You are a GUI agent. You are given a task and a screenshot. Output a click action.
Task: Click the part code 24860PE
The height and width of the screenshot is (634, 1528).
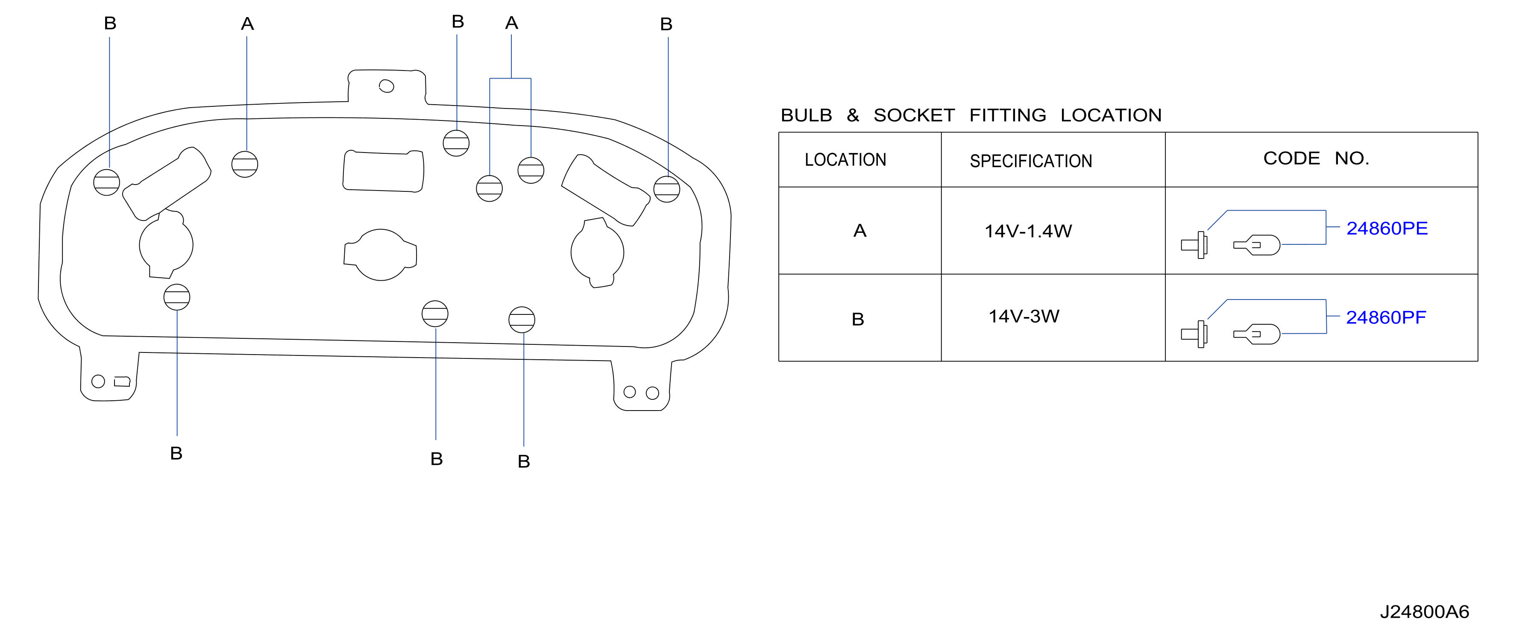(1387, 228)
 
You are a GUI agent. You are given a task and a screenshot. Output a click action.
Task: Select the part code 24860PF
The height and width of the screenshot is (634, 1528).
(1386, 317)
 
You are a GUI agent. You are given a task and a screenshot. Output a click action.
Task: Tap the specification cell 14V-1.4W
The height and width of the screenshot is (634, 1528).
(1028, 231)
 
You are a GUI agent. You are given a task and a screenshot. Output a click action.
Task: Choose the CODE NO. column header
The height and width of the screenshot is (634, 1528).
(1316, 158)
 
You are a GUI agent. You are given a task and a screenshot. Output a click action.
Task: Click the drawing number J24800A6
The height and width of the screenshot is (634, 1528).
(1424, 611)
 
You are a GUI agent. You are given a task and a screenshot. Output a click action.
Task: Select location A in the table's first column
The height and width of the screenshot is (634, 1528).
(860, 231)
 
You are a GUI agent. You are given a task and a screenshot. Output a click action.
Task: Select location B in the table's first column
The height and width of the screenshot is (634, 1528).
(858, 319)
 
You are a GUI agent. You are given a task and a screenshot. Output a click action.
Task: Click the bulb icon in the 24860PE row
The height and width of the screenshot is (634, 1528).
(1256, 245)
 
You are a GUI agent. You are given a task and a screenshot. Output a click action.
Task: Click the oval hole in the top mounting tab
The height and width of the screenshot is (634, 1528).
(386, 86)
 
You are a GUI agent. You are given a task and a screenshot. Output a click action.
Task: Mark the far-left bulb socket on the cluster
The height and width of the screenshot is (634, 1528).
(107, 182)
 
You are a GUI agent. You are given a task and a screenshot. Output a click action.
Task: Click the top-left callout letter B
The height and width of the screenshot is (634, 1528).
(110, 23)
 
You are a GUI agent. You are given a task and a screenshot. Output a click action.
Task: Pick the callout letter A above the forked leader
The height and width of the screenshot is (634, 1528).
(512, 23)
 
